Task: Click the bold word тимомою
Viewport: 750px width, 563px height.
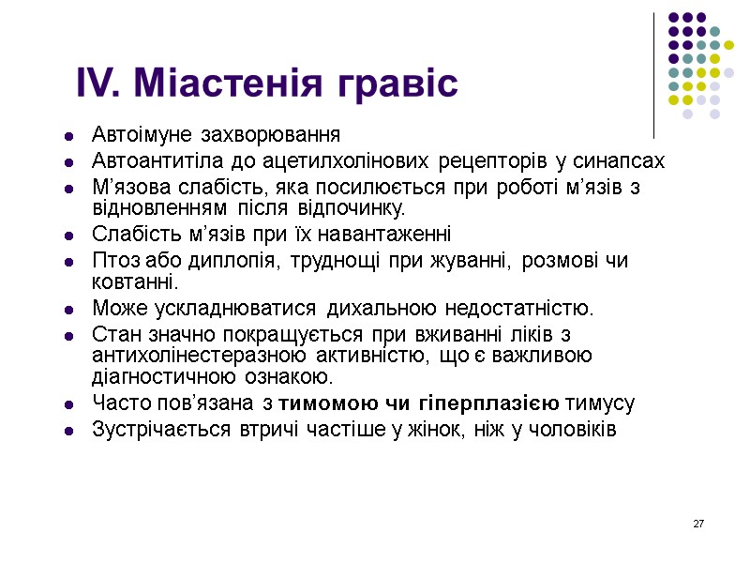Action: [317, 404]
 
